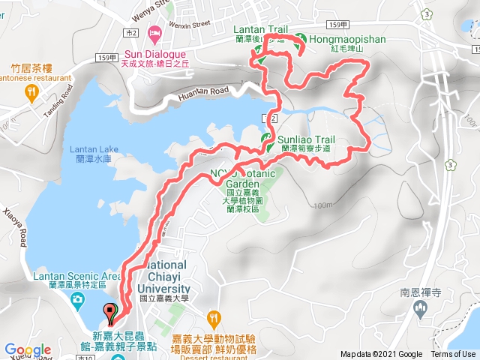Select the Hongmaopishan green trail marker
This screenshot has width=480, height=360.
coord(299,39)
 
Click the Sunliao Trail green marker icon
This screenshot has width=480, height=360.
coord(265,139)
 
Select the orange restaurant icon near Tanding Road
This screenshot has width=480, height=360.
coord(31,92)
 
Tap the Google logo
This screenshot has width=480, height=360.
coord(27,350)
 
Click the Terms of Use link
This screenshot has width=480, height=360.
coord(452,355)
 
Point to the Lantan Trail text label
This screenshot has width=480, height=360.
coord(262,28)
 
